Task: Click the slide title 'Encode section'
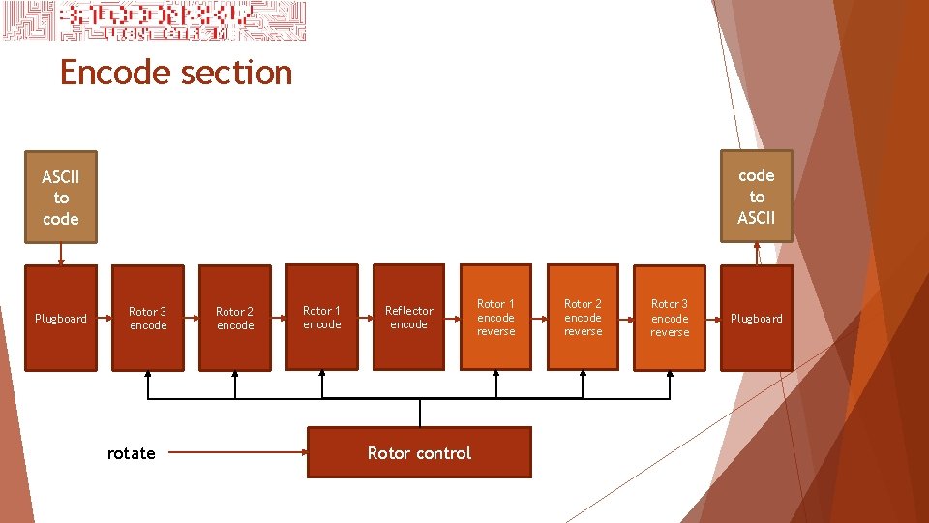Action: (x=175, y=73)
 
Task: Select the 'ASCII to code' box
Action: (x=61, y=198)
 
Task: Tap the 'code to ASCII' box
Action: (x=756, y=197)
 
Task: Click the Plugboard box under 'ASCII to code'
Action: (x=61, y=318)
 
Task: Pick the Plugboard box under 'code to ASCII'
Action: (x=756, y=318)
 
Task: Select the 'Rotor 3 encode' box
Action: (x=148, y=318)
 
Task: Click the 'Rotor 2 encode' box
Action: (x=235, y=318)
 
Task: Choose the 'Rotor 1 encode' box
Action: (x=321, y=318)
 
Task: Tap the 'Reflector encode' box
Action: (x=408, y=318)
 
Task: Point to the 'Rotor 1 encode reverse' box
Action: (x=495, y=318)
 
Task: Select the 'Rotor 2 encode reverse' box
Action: (x=583, y=318)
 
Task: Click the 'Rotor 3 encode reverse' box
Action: (x=670, y=318)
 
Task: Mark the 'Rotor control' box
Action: (x=419, y=452)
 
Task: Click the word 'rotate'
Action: (x=132, y=453)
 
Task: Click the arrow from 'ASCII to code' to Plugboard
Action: (x=61, y=252)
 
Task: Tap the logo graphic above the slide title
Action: (x=155, y=21)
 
